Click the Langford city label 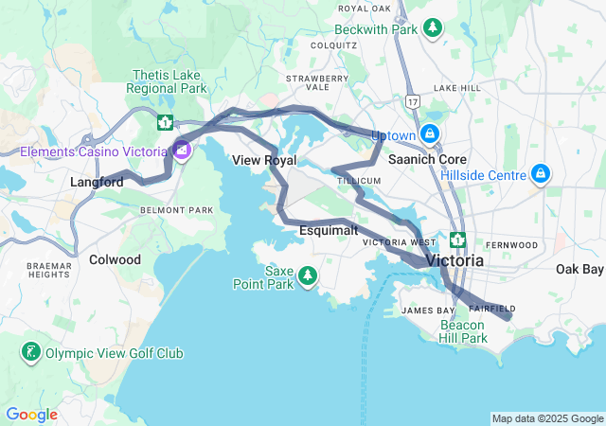click(97, 182)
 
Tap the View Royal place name click(258, 161)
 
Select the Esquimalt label click(329, 230)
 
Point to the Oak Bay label click(579, 270)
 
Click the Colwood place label click(115, 259)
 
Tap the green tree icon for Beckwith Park click(433, 28)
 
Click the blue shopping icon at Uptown click(430, 134)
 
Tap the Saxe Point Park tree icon click(307, 275)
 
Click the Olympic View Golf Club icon click(31, 353)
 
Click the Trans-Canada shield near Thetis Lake click(166, 122)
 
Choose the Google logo click(31, 415)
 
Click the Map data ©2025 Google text click(546, 418)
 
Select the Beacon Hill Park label click(463, 331)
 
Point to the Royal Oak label click(364, 9)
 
